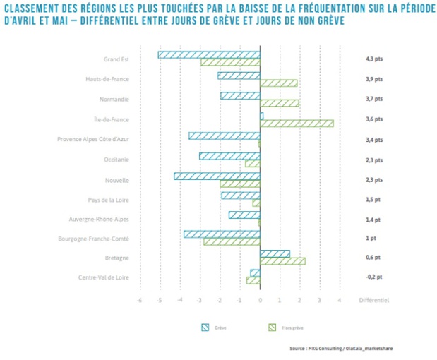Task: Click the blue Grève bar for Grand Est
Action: (x=209, y=55)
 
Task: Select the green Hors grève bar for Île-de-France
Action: (x=297, y=124)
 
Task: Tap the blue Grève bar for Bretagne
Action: (x=275, y=253)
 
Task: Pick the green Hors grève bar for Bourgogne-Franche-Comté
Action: (x=232, y=242)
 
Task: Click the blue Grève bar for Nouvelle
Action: (x=217, y=176)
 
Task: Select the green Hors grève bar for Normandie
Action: (x=280, y=104)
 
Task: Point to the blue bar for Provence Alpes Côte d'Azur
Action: (x=225, y=136)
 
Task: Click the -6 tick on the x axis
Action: (x=139, y=300)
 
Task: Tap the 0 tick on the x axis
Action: (x=260, y=300)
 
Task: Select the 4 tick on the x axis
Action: (x=340, y=300)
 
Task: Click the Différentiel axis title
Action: (x=374, y=300)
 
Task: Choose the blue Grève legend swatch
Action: (x=206, y=327)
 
